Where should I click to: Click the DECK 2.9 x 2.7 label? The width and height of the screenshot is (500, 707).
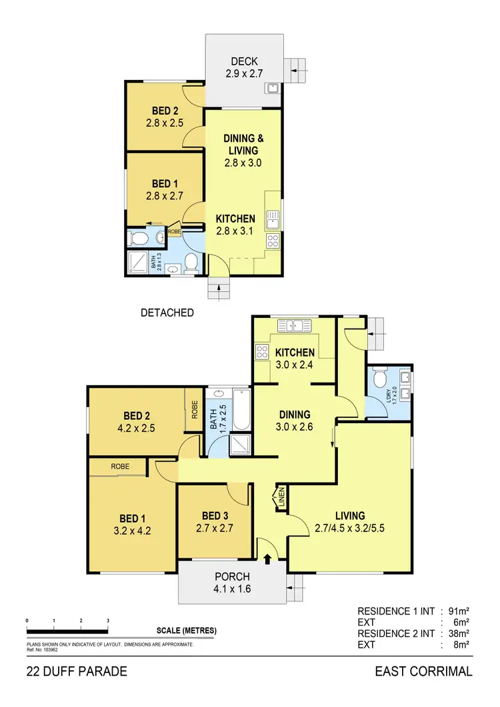(x=244, y=68)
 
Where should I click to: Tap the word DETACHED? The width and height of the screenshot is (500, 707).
(x=167, y=312)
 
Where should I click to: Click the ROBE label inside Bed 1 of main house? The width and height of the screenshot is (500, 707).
(x=120, y=466)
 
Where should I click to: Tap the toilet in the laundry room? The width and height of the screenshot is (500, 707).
(x=381, y=380)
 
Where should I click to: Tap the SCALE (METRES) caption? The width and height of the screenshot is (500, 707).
(x=187, y=630)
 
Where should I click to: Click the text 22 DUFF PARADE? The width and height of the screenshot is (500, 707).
(x=77, y=671)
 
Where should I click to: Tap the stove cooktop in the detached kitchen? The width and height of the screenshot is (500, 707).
(x=273, y=241)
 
